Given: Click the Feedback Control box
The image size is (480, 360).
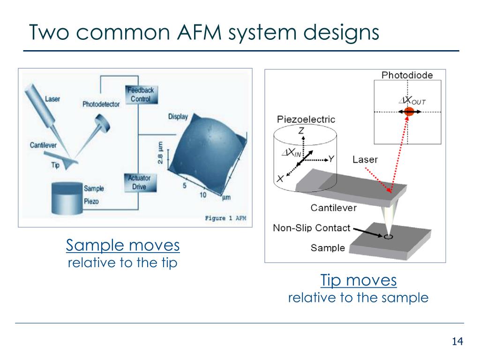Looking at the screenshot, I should [x=141, y=94].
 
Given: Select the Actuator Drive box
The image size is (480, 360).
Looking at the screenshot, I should [x=139, y=182].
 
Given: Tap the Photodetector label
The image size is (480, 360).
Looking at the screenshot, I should [x=101, y=104].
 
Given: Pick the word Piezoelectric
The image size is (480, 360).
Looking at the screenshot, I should [x=306, y=119].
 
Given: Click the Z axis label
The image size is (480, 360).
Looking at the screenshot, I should [x=301, y=130].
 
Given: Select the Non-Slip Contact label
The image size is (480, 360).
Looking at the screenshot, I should [x=312, y=228].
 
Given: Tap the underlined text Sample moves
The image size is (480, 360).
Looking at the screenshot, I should [x=123, y=245].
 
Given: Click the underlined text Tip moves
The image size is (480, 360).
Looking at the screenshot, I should [x=359, y=280].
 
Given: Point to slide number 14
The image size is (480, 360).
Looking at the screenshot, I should [x=457, y=341].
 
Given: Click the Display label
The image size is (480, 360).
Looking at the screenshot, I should [x=178, y=117].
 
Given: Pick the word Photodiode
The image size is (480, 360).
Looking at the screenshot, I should [x=407, y=75].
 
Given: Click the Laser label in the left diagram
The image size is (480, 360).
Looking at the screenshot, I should [x=52, y=98].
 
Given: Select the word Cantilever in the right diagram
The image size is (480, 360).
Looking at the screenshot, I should [x=334, y=208].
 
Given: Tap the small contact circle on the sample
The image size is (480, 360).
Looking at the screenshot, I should [x=388, y=237].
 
